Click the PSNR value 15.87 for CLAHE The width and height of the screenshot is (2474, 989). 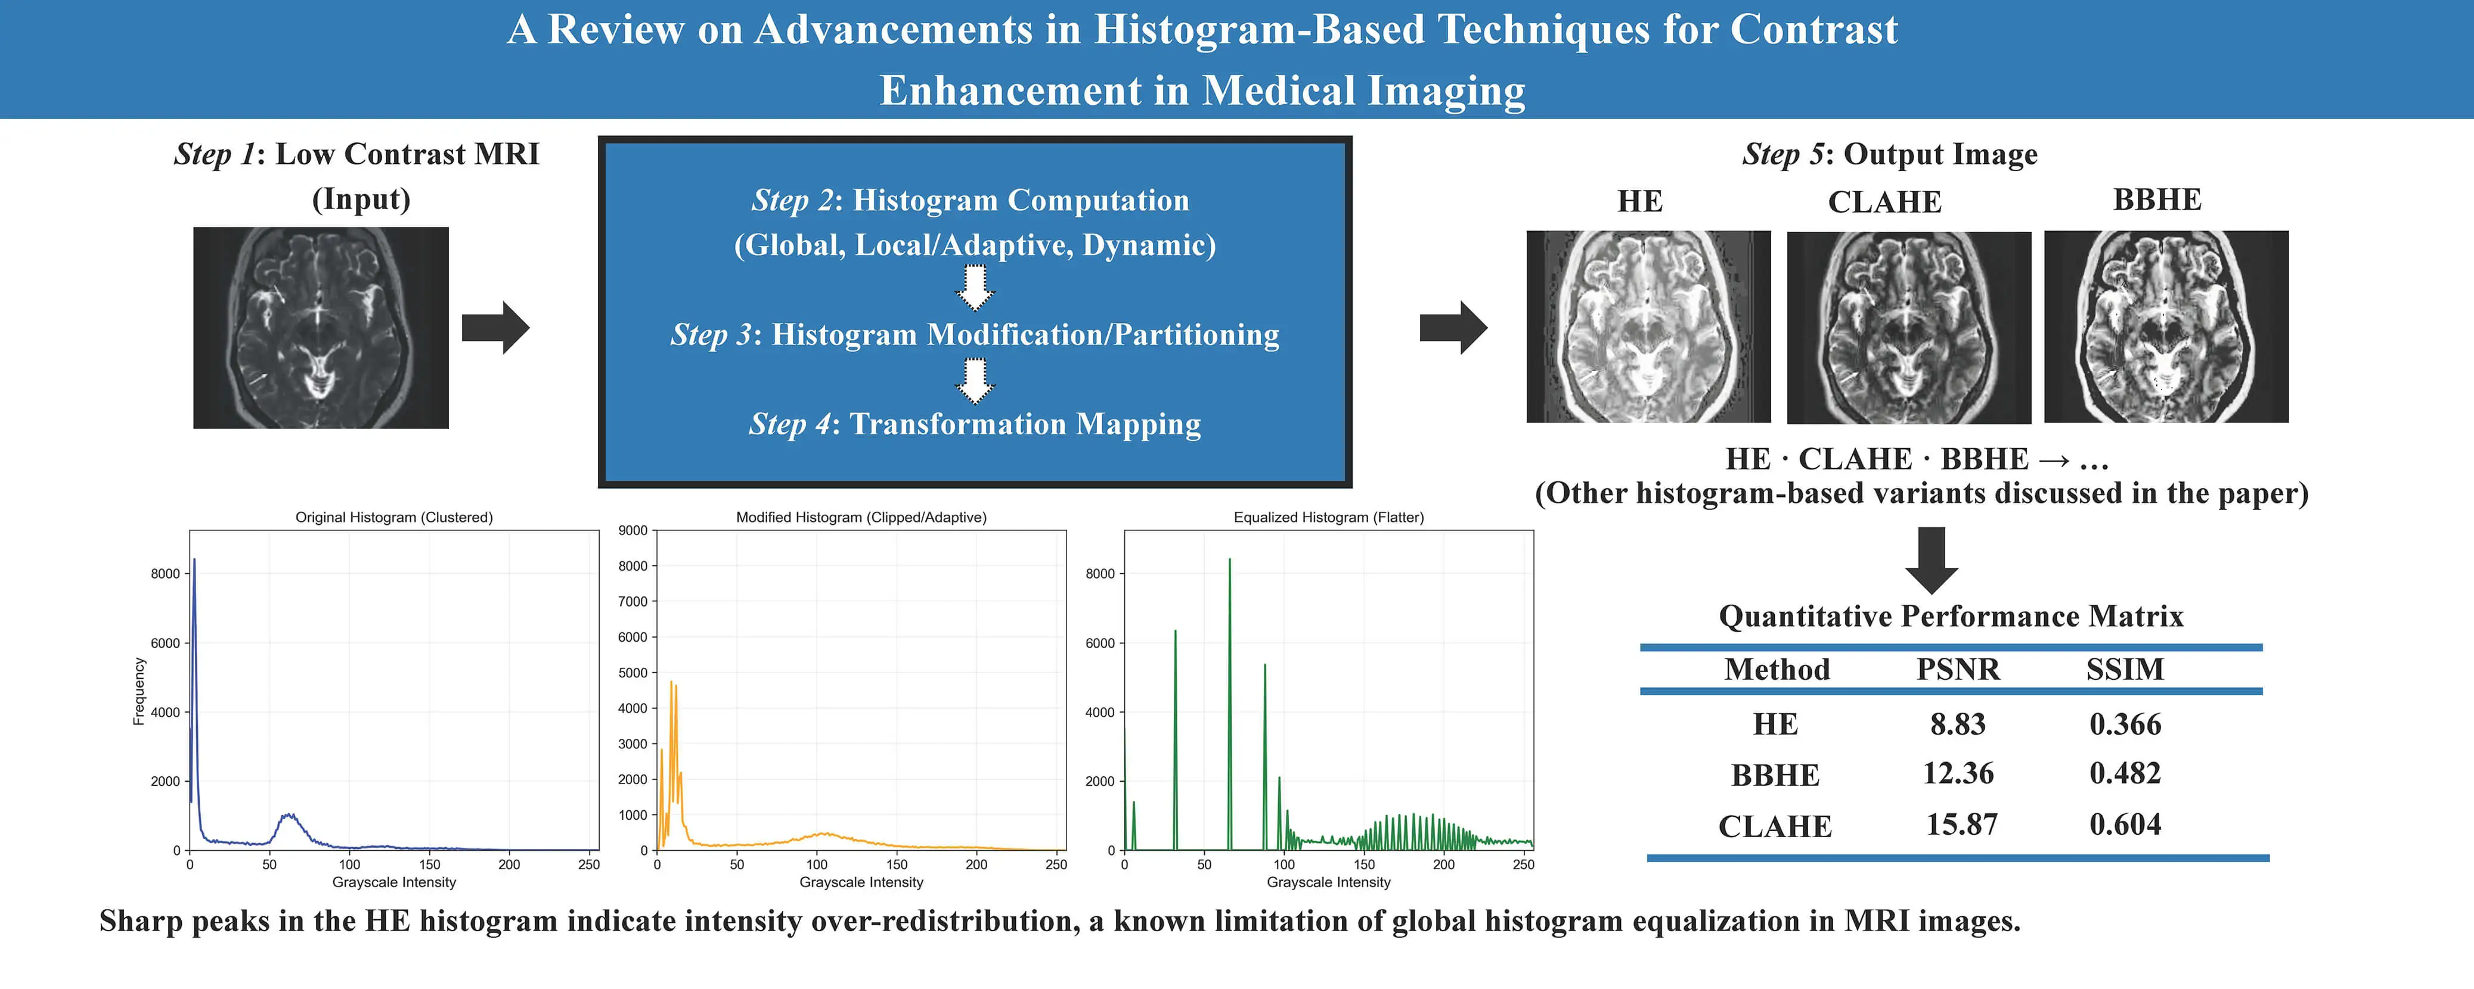(x=1961, y=825)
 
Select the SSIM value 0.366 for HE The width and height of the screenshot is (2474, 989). (x=2125, y=724)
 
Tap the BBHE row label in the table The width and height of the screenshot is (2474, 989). (x=1775, y=775)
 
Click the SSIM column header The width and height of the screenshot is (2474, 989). (x=2125, y=669)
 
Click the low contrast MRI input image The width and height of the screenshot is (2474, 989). (x=321, y=328)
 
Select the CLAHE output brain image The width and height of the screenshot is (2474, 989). (x=1908, y=328)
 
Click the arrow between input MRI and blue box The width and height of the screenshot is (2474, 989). (x=495, y=328)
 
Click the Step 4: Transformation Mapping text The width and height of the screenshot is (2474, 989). (x=975, y=424)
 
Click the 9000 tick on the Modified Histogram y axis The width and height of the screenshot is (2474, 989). (x=633, y=530)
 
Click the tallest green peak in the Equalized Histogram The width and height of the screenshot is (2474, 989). (x=1229, y=561)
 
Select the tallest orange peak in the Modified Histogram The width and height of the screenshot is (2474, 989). (x=671, y=683)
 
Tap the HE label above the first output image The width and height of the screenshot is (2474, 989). (x=1639, y=201)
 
